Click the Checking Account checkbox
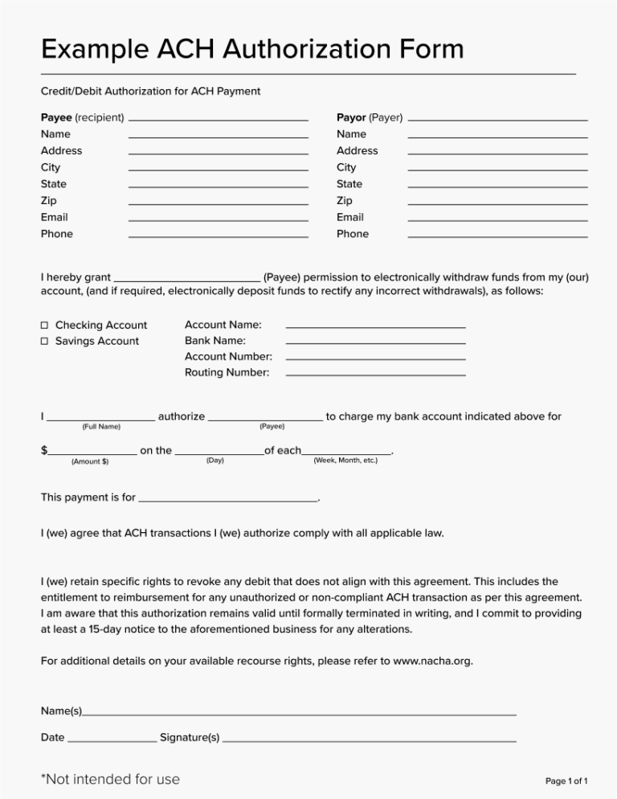[x=45, y=326]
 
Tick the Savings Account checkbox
[x=45, y=342]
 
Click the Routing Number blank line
[x=375, y=375]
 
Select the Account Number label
[x=228, y=356]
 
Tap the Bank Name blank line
[x=375, y=343]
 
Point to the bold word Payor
[x=350, y=117]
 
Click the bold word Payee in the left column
[x=56, y=117]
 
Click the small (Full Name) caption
[x=101, y=426]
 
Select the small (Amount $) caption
[x=90, y=461]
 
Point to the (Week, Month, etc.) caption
[x=345, y=460]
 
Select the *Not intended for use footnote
[x=110, y=779]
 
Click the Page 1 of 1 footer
[x=566, y=781]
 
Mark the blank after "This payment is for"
[x=228, y=500]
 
